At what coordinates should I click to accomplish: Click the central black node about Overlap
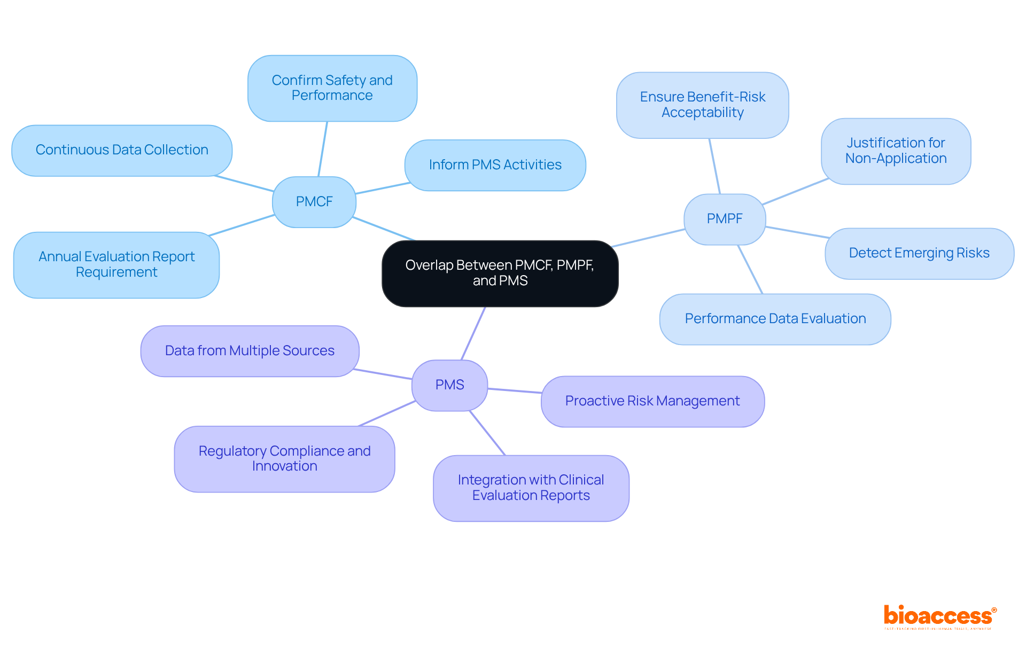(500, 273)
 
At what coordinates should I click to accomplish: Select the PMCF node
(314, 202)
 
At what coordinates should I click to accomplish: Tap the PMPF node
(724, 219)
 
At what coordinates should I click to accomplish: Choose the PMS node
(449, 385)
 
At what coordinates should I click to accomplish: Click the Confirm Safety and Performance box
(332, 88)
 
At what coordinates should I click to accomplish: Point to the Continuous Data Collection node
(122, 150)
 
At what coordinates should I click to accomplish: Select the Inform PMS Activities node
(495, 165)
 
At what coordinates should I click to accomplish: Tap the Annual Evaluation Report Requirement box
(116, 264)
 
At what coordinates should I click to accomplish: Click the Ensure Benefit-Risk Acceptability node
(702, 105)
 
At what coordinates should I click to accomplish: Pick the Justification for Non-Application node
(896, 151)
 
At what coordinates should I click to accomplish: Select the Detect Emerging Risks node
(919, 253)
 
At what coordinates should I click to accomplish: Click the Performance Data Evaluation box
(775, 319)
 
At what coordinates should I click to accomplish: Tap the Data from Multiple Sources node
(250, 351)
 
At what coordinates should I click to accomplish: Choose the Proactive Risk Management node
(652, 401)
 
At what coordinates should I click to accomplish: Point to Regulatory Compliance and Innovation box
(284, 459)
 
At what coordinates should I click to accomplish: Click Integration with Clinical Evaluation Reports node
(531, 488)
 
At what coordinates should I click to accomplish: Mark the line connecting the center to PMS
(473, 333)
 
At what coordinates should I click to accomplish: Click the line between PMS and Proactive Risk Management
(514, 391)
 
